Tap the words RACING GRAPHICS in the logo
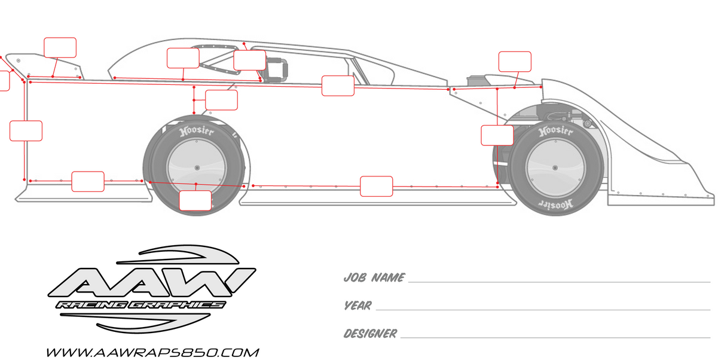pyautogui.click(x=140, y=305)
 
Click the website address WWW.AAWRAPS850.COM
pyautogui.click(x=152, y=352)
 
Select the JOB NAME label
pyautogui.click(x=374, y=278)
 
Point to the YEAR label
pyautogui.click(x=358, y=306)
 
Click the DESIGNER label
pyautogui.click(x=370, y=334)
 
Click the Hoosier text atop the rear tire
pyautogui.click(x=197, y=132)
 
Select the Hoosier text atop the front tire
pyautogui.click(x=555, y=131)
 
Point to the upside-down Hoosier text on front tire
pyautogui.click(x=555, y=204)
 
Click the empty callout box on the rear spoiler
pyautogui.click(x=60, y=48)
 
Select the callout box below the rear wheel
pyautogui.click(x=195, y=201)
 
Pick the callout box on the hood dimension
pyautogui.click(x=515, y=62)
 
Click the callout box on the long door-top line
pyautogui.click(x=338, y=86)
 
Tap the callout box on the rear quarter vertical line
pyautogui.click(x=26, y=131)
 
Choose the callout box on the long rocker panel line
pyautogui.click(x=377, y=187)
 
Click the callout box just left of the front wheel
pyautogui.click(x=497, y=135)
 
